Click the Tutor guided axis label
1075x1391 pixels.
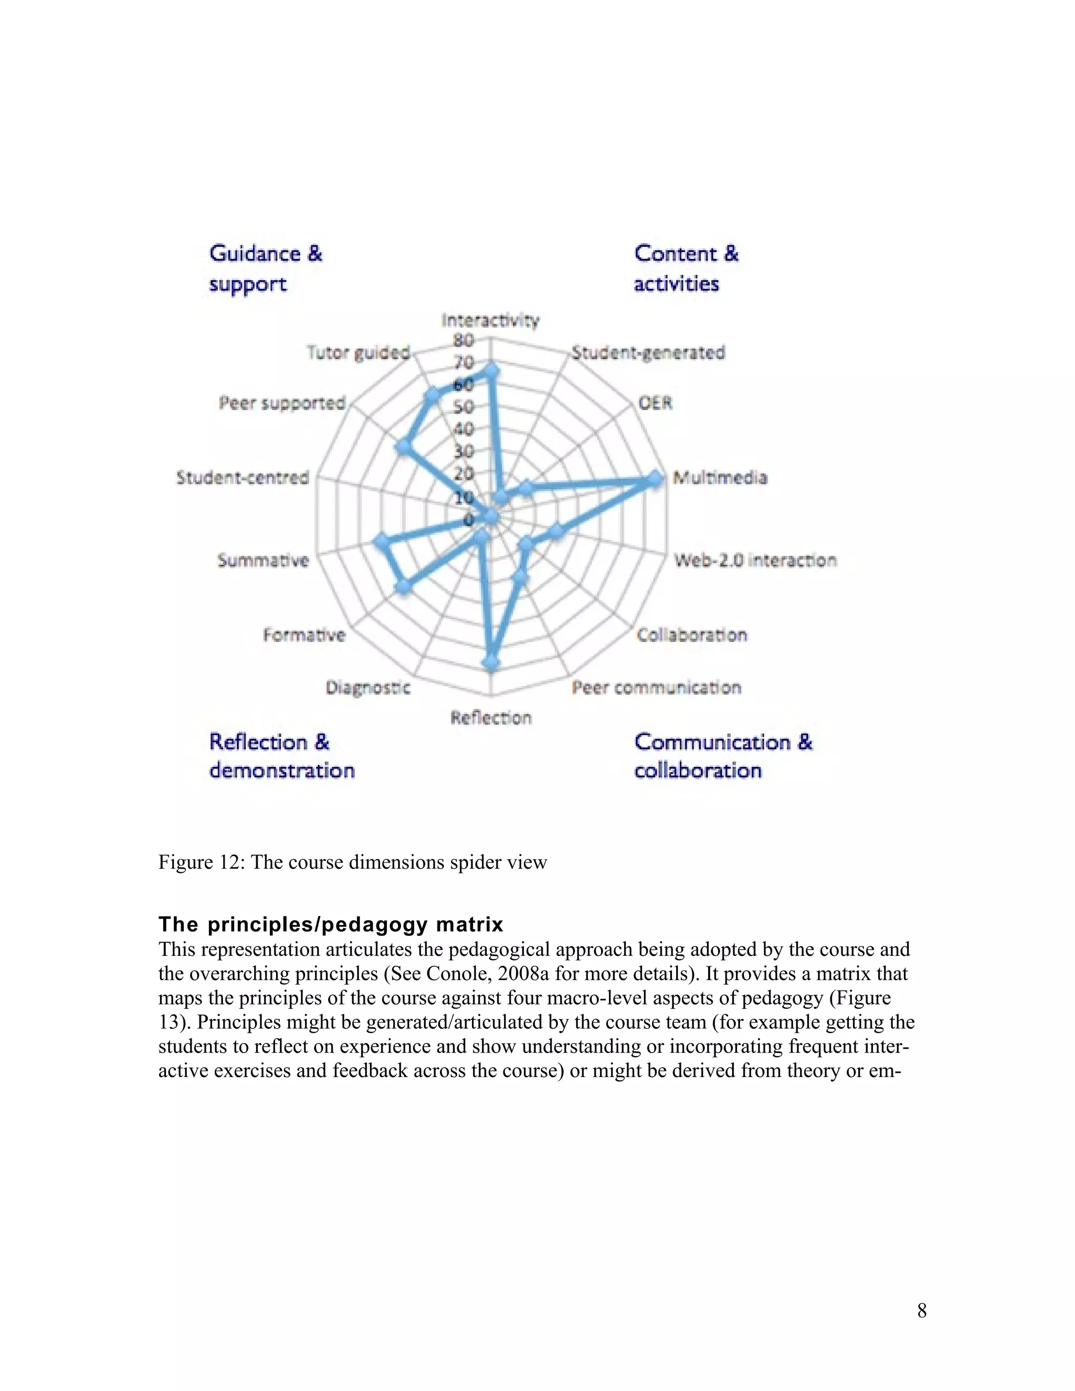pos(358,352)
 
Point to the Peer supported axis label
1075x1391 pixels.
pos(281,403)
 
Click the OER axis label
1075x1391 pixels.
pos(655,403)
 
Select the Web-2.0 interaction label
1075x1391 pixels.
pos(755,561)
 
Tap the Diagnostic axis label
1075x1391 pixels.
pos(368,688)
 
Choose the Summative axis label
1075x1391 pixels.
pos(263,561)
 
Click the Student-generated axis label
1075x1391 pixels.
pos(648,352)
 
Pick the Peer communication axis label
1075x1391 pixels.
pos(656,688)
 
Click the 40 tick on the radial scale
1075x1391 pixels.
pos(463,429)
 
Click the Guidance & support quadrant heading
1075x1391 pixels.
pos(266,268)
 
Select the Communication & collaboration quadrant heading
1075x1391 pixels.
pos(723,756)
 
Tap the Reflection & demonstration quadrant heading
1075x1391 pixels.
pos(281,756)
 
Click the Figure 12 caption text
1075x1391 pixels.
pos(352,862)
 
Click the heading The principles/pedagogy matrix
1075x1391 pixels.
pos(331,924)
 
